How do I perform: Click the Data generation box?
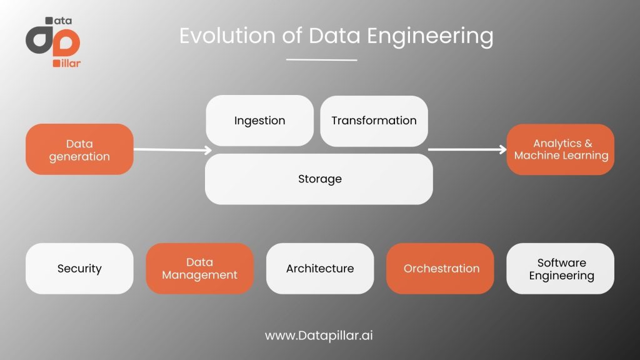pyautogui.click(x=79, y=149)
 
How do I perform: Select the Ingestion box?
pyautogui.click(x=259, y=121)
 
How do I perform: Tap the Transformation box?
pyautogui.click(x=374, y=121)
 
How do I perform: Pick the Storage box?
pyautogui.click(x=319, y=179)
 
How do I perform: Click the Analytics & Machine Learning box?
pyautogui.click(x=561, y=149)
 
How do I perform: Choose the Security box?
pyautogui.click(x=79, y=269)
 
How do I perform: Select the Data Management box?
pyautogui.click(x=199, y=269)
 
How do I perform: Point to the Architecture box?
pyautogui.click(x=320, y=269)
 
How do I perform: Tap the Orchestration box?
pyautogui.click(x=440, y=269)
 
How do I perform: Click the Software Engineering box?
pyautogui.click(x=561, y=269)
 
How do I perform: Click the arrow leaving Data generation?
pyautogui.click(x=172, y=150)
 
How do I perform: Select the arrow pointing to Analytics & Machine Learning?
pyautogui.click(x=467, y=149)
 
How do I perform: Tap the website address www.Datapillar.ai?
pyautogui.click(x=319, y=336)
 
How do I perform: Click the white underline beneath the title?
pyautogui.click(x=322, y=59)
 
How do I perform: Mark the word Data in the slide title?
pyautogui.click(x=334, y=36)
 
